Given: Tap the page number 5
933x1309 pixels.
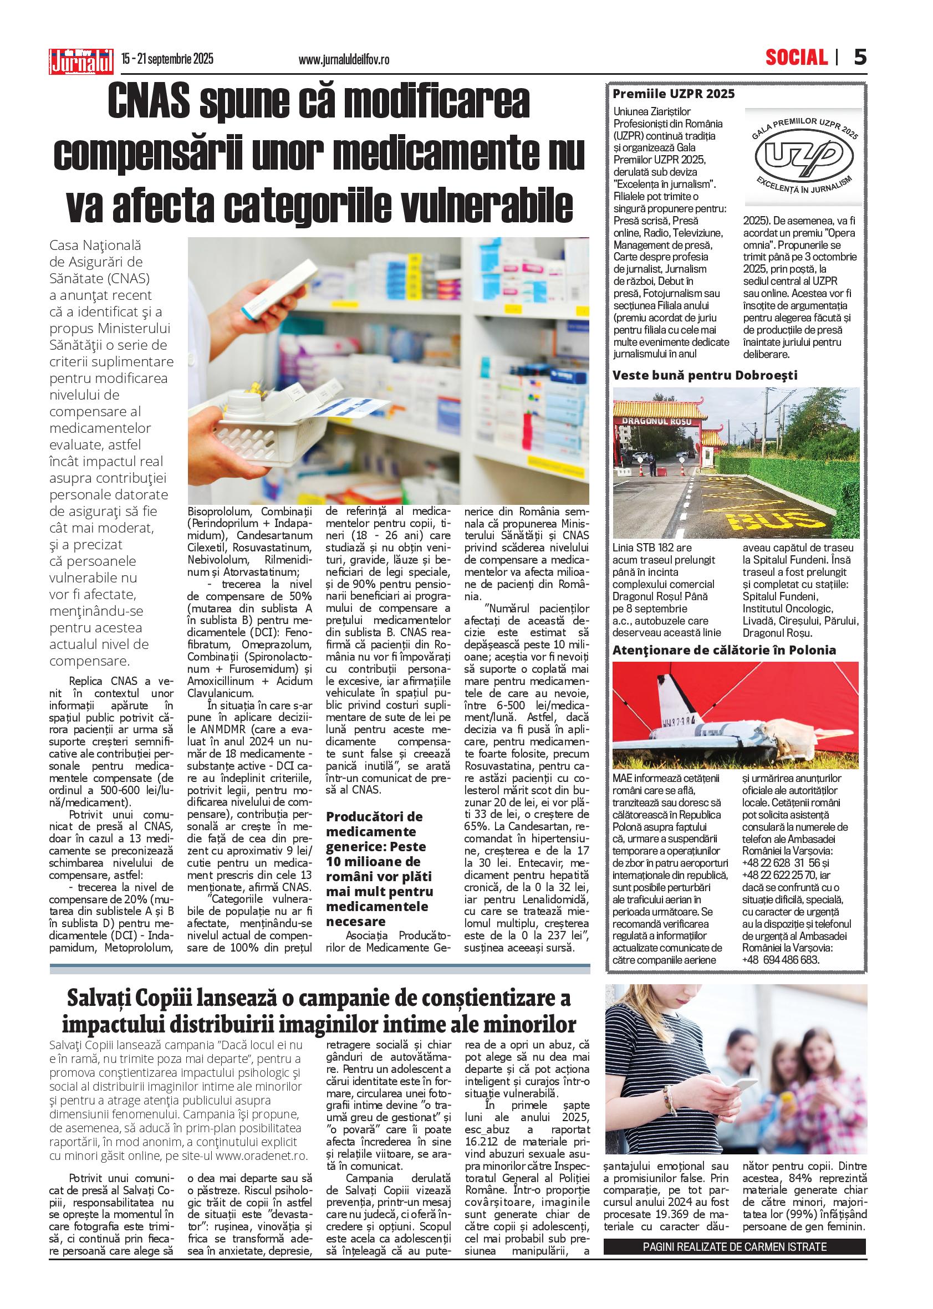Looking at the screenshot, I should pos(859,58).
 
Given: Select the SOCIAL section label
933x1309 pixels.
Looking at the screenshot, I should pos(796,58).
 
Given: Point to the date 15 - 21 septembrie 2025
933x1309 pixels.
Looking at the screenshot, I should pos(167,59).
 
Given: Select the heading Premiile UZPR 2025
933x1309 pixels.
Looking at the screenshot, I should pos(674,94).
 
